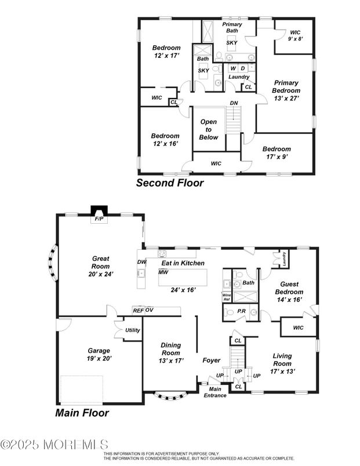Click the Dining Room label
click(170, 352)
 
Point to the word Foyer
click(211, 360)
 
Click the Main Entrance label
click(215, 392)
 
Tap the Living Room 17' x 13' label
click(282, 363)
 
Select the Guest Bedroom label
click(288, 292)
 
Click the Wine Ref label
click(227, 297)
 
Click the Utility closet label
click(132, 330)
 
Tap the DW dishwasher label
click(142, 261)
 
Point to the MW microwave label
click(163, 271)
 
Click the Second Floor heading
click(170, 183)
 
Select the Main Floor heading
click(82, 413)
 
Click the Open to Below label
click(209, 130)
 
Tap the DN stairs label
click(234, 103)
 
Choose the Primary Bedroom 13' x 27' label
click(287, 90)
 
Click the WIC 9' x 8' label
click(295, 36)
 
